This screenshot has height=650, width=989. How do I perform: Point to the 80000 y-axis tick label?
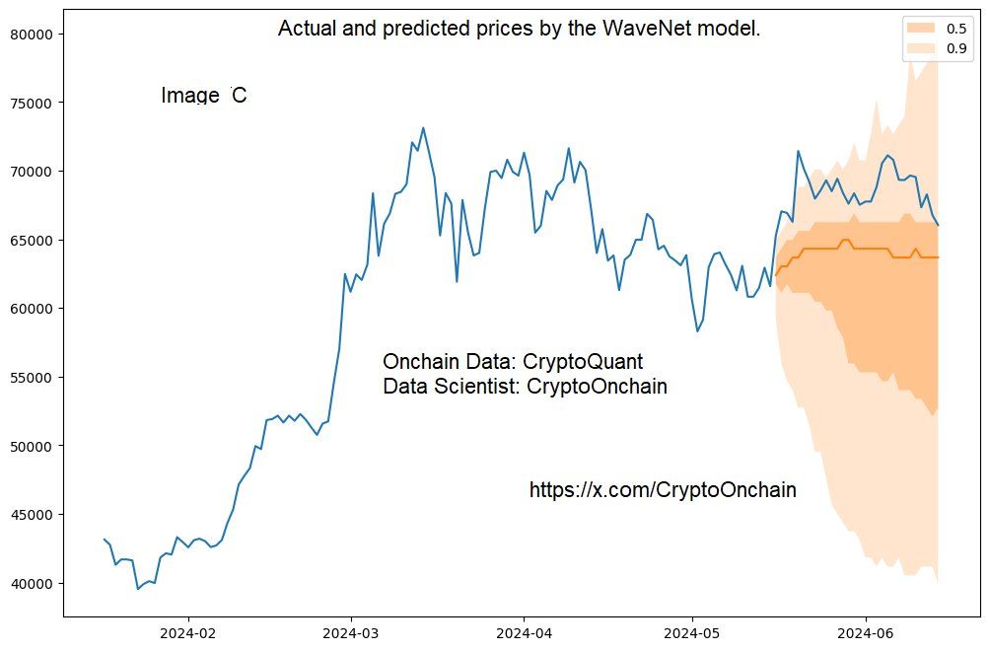[35, 35]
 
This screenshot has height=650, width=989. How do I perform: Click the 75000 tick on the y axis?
[35, 103]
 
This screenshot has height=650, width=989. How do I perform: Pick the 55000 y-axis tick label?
[35, 377]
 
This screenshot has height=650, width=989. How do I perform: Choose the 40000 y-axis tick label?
[35, 584]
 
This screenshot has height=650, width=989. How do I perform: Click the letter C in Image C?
[239, 96]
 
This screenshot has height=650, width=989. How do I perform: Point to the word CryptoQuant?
[583, 361]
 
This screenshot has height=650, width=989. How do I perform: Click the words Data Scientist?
[448, 387]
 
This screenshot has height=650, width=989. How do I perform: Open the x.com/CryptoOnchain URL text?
[663, 490]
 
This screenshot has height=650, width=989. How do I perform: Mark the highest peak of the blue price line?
[423, 127]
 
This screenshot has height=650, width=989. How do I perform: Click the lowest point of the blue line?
[138, 589]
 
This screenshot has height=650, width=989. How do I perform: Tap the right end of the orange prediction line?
[938, 257]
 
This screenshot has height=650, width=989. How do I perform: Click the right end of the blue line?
[938, 226]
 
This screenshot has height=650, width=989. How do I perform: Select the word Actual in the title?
[308, 29]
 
